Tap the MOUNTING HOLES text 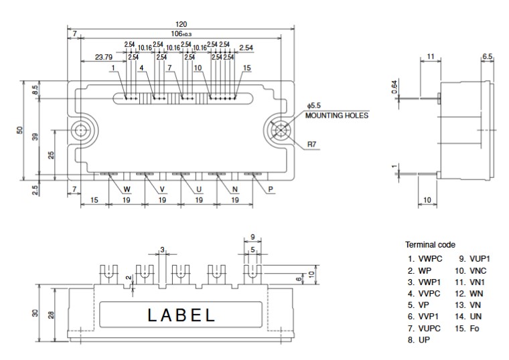pyautogui.click(x=336, y=115)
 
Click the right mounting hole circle pyautogui.click(x=281, y=130)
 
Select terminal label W pyautogui.click(x=127, y=189)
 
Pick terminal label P pyautogui.click(x=271, y=189)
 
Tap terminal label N pyautogui.click(x=234, y=189)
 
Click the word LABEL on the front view pyautogui.click(x=181, y=315)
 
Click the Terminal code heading pyautogui.click(x=430, y=245)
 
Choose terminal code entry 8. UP pyautogui.click(x=420, y=340)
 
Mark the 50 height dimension pyautogui.click(x=21, y=130)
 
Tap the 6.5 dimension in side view pyautogui.click(x=487, y=56)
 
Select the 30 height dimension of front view pyautogui.click(x=35, y=313)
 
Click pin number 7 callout pyautogui.click(x=170, y=68)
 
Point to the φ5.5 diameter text pyautogui.click(x=315, y=106)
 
